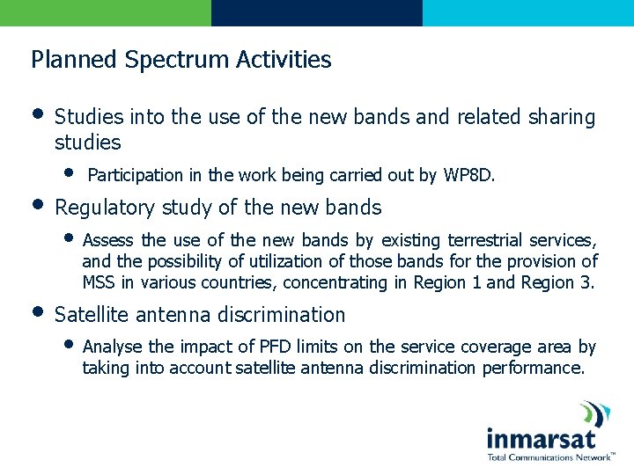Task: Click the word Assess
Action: tap(108, 240)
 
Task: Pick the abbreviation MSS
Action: tap(98, 282)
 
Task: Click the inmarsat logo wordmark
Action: tap(541, 438)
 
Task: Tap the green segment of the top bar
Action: tap(106, 12)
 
